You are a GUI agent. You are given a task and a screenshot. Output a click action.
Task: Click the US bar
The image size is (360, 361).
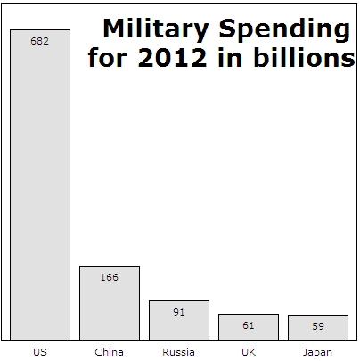[x=40, y=187]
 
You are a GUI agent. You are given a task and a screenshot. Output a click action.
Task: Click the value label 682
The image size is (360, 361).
[x=40, y=41]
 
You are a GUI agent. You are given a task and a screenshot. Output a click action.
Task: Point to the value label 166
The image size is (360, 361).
[x=110, y=277]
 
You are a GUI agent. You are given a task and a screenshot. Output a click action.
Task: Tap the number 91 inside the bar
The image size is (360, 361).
[x=179, y=312]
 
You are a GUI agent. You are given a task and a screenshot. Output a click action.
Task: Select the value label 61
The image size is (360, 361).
[x=249, y=325]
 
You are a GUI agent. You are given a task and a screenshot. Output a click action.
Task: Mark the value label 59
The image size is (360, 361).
[x=318, y=326]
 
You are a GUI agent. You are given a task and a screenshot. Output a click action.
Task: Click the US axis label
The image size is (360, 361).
[x=40, y=352]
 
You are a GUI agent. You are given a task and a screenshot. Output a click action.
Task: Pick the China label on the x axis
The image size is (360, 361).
[x=110, y=352]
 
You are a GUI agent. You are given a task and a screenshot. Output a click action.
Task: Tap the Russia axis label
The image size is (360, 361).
[x=179, y=352]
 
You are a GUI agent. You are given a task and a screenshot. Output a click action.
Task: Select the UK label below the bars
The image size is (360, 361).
[x=249, y=352]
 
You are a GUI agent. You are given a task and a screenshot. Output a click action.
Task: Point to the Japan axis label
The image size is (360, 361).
[x=318, y=352]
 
